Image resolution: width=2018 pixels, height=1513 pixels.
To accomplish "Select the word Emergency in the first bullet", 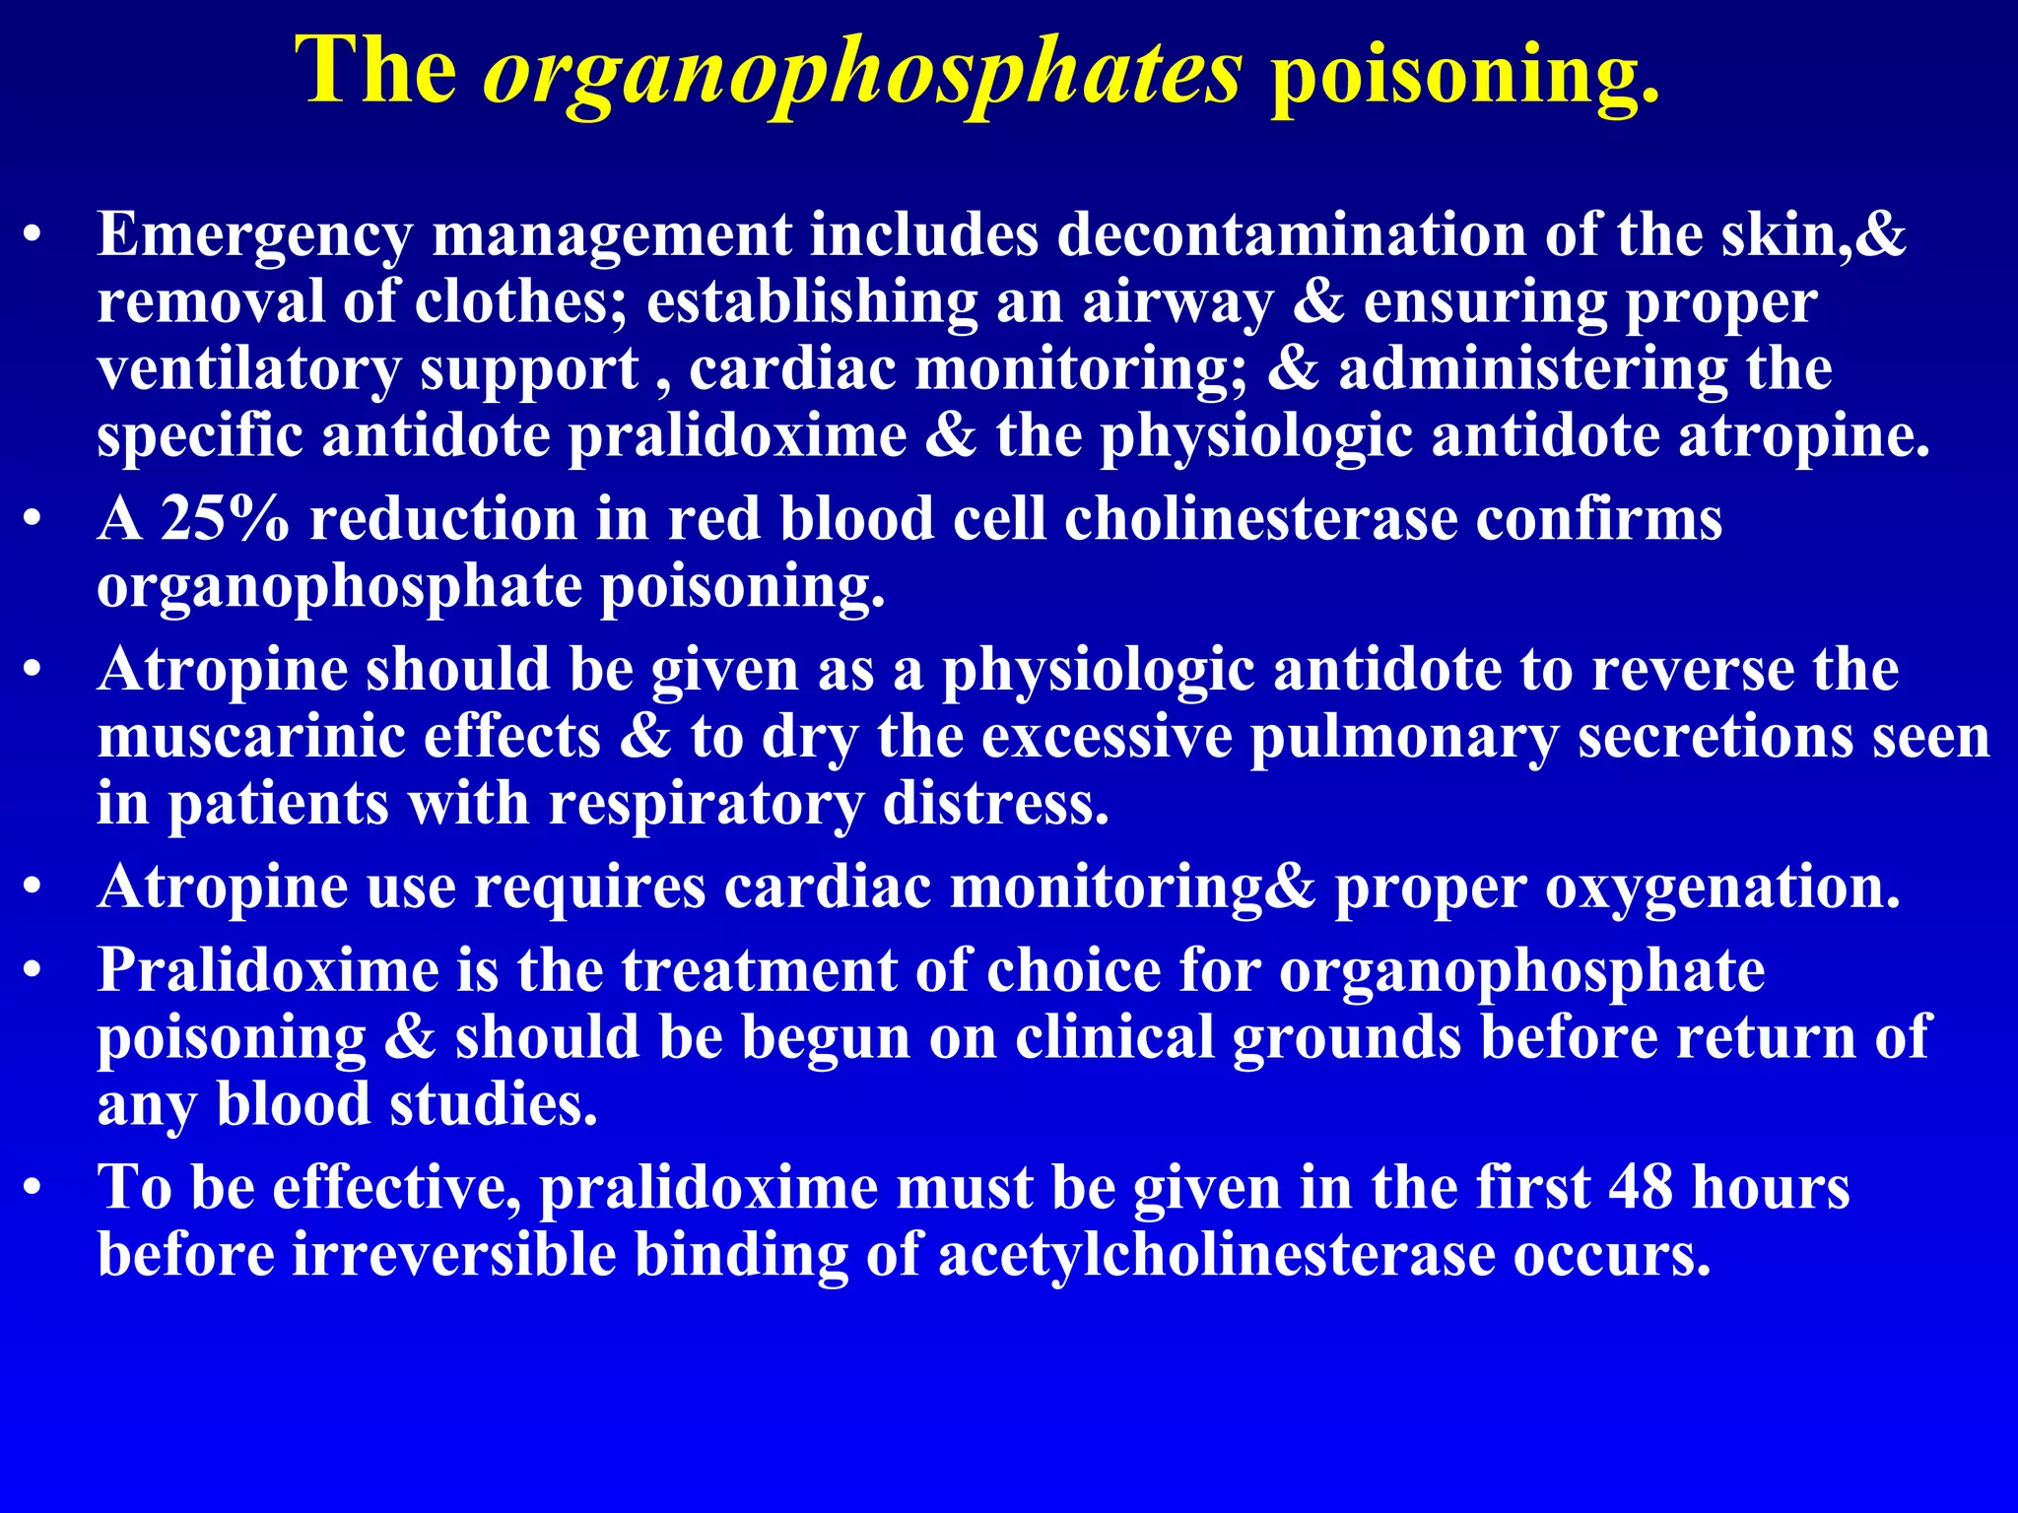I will pyautogui.click(x=255, y=236).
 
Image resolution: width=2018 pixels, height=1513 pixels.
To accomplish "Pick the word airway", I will pyautogui.click(x=1177, y=303).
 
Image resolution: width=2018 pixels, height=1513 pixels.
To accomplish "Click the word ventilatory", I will pyautogui.click(x=249, y=370).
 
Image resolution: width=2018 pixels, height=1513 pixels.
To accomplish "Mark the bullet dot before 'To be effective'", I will pyautogui.click(x=34, y=1188).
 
